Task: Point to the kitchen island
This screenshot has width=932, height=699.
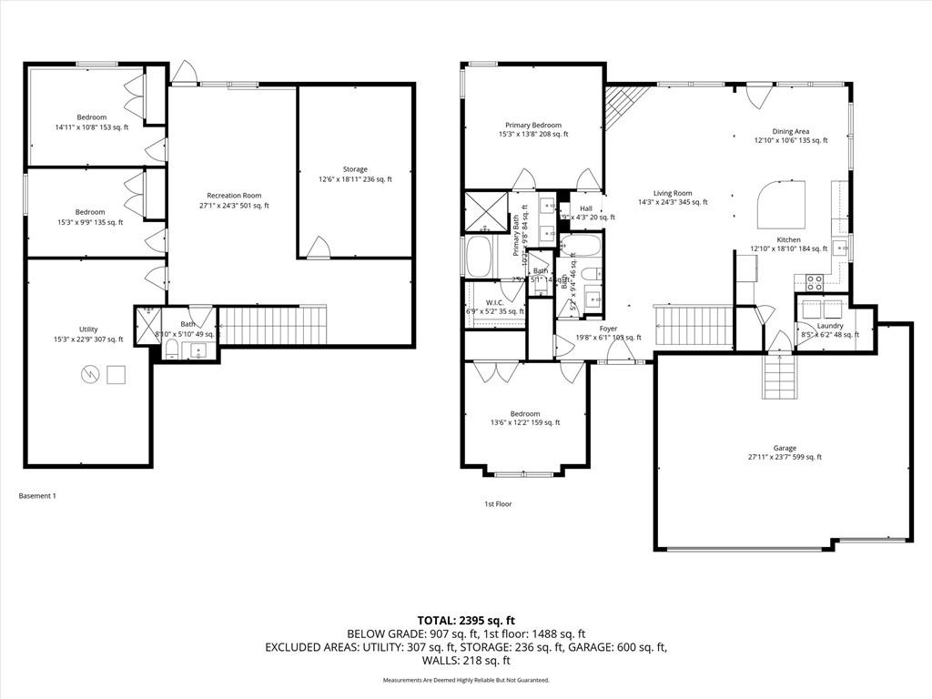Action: click(782, 203)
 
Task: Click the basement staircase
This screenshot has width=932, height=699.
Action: click(274, 325)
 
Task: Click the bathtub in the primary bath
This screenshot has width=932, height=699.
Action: click(480, 257)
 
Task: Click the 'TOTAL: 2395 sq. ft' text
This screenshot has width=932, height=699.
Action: click(465, 620)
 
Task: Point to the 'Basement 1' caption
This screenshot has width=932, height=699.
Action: click(37, 496)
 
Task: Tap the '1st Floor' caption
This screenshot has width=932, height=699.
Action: click(497, 503)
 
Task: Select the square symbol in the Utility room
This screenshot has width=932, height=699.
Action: click(116, 374)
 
